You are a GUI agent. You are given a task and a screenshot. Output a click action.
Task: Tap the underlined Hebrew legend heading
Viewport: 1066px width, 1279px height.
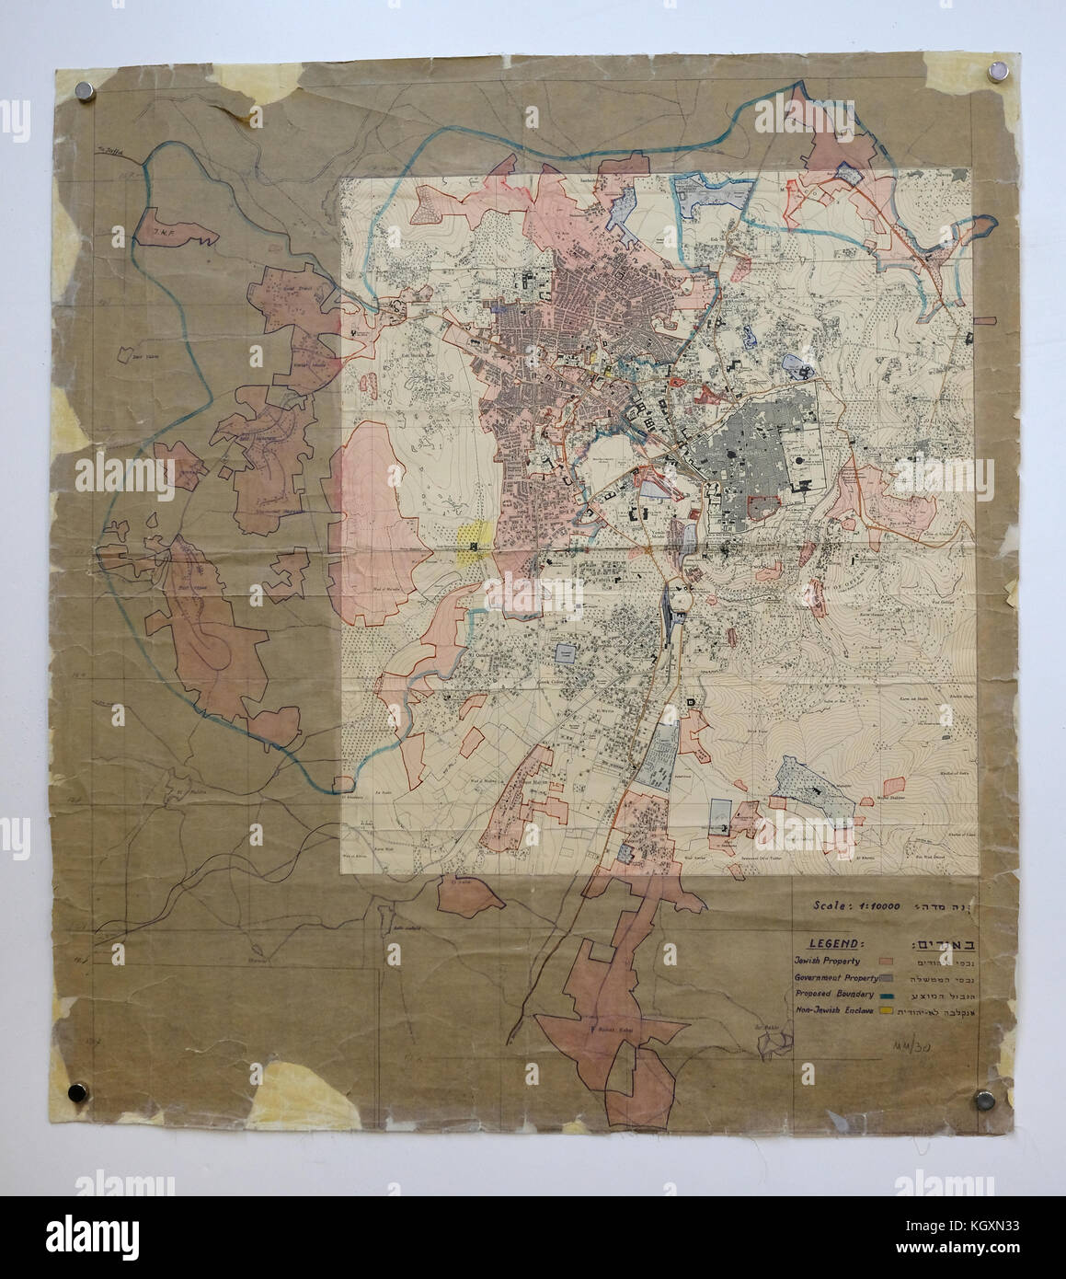tap(937, 944)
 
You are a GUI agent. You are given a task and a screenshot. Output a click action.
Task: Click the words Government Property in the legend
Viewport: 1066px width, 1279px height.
tap(831, 977)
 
